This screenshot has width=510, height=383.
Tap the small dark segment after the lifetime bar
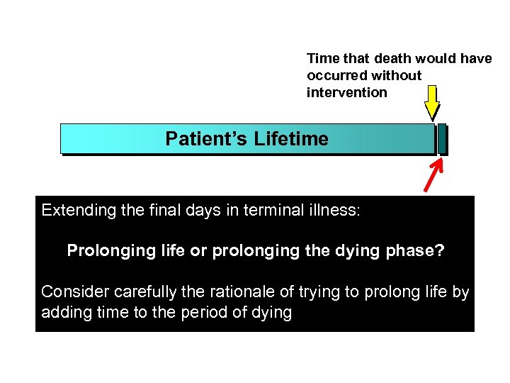[x=442, y=139]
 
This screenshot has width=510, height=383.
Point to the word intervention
[x=347, y=93]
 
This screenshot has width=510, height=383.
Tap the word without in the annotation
[x=398, y=76]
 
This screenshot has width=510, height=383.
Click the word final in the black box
[x=168, y=211]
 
